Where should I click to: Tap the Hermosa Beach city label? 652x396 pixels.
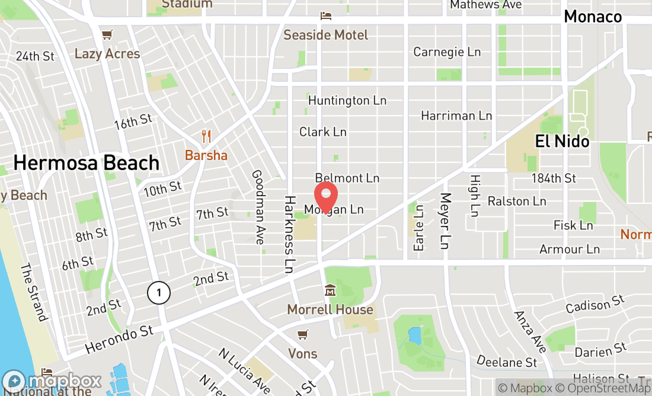click(87, 162)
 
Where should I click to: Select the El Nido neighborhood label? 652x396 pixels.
click(562, 141)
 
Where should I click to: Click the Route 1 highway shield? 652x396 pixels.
click(158, 292)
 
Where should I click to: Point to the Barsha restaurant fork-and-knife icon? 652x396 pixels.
click(206, 136)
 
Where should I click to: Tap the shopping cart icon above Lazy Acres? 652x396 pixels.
click(107, 35)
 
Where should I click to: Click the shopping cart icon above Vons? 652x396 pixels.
click(302, 335)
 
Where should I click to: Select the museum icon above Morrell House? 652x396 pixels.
click(330, 290)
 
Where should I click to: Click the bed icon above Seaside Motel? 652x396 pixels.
click(325, 16)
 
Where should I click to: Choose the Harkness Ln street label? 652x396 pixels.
click(289, 234)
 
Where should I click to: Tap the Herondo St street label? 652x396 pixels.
click(119, 339)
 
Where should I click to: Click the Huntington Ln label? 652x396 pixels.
click(347, 100)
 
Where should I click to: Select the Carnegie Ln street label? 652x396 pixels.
click(447, 52)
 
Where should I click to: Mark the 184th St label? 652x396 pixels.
click(554, 178)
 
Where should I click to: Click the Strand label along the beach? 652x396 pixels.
click(33, 292)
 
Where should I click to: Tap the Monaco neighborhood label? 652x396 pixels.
click(593, 17)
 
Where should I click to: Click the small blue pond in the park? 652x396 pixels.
click(414, 336)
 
